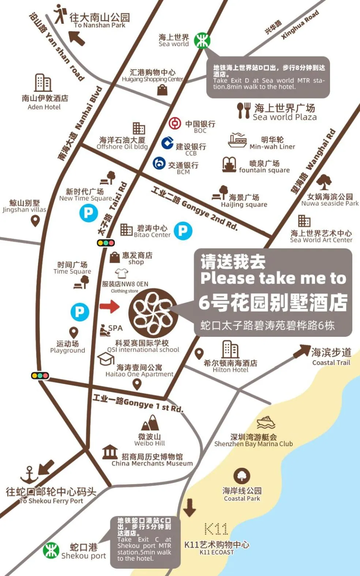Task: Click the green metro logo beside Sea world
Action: point(202,40)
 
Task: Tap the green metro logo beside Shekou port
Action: point(51,551)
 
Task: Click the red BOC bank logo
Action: point(175,123)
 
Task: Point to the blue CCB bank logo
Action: point(167,143)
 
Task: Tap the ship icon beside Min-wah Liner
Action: point(237,140)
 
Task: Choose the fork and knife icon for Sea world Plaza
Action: point(243,110)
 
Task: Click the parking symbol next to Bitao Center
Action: point(183,231)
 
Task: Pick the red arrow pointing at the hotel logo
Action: point(109,306)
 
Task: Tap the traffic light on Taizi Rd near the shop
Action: point(106,242)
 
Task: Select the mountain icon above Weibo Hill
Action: point(150,424)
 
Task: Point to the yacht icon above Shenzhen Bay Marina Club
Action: point(266,422)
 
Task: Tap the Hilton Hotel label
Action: point(230,366)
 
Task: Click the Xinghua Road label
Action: point(300,25)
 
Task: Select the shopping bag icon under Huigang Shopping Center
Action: point(162,89)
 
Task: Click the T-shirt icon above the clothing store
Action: point(121,273)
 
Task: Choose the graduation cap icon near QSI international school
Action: point(105,359)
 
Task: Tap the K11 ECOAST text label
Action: point(217,552)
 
